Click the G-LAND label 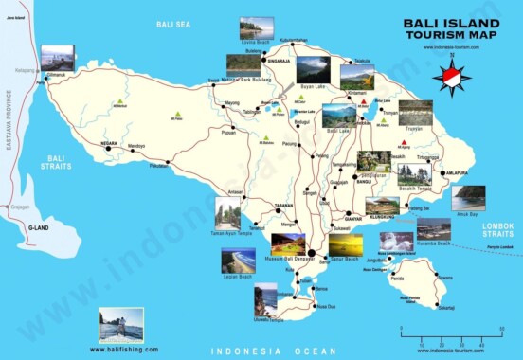click(39, 228)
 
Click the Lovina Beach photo click(256, 27)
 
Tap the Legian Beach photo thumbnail click(238, 260)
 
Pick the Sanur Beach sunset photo click(344, 245)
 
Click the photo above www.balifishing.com click(121, 325)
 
